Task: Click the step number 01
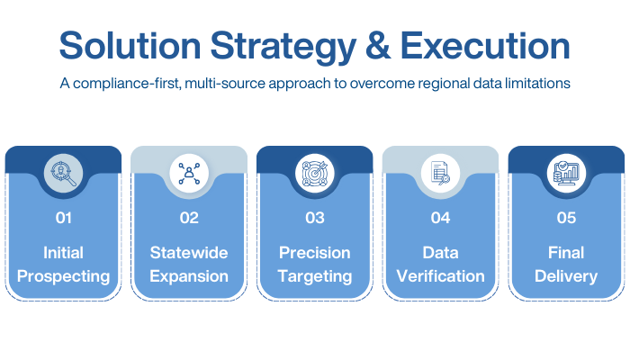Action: click(x=63, y=217)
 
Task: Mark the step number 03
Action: click(x=315, y=217)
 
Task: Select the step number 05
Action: click(x=567, y=217)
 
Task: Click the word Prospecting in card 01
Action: click(x=63, y=275)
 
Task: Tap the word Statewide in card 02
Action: click(x=189, y=253)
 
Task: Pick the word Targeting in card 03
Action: click(x=315, y=275)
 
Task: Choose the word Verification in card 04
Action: click(x=441, y=275)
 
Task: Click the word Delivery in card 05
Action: click(x=567, y=275)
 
